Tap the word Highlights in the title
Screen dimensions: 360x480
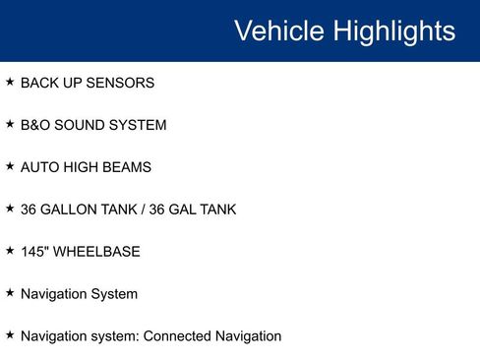[394, 30]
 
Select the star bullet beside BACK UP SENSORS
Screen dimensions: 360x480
[10, 83]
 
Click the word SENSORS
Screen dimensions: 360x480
[120, 84]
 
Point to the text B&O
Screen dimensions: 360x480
[36, 126]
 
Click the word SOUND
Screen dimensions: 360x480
[82, 126]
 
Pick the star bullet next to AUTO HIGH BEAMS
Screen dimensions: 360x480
[10, 167]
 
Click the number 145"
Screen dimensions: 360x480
[33, 252]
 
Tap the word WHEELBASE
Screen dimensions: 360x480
[96, 252]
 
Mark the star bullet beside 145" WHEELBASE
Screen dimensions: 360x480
[10, 251]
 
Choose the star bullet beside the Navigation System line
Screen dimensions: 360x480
[10, 293]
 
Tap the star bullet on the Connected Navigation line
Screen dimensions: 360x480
[10, 335]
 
